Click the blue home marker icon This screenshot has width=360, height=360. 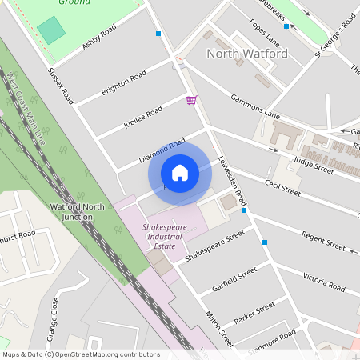[180, 173]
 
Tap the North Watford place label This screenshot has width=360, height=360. [247, 54]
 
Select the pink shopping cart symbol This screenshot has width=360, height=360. [191, 100]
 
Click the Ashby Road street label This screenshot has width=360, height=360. [99, 37]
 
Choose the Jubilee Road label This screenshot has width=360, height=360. [143, 118]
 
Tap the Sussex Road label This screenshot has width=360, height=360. [61, 85]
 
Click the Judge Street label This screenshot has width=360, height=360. [313, 160]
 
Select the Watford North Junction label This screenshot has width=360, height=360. [77, 212]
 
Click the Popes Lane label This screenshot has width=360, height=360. [266, 34]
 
